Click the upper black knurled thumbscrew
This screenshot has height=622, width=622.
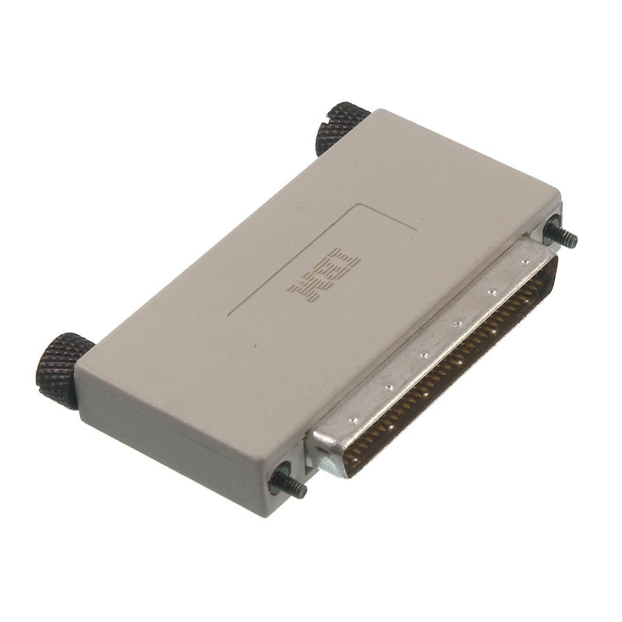[341, 126]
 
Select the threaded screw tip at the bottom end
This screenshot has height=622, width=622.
[293, 489]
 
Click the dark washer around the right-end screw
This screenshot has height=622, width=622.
[551, 229]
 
